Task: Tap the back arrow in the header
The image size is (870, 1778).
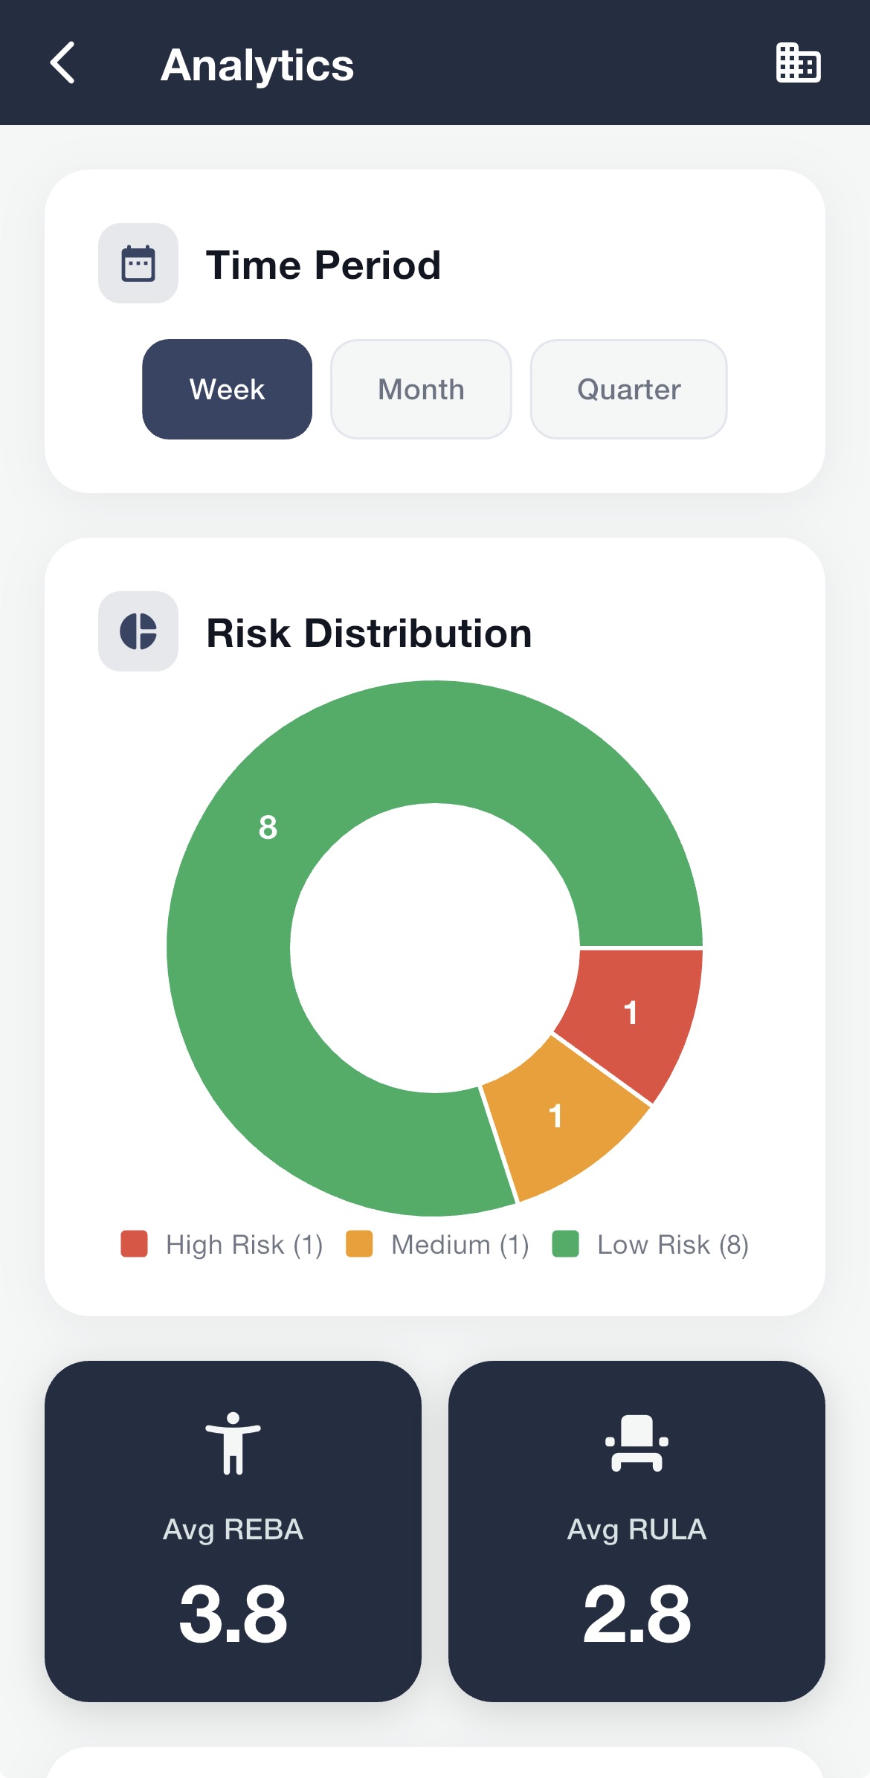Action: tap(63, 63)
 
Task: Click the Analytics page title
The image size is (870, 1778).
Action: tap(257, 65)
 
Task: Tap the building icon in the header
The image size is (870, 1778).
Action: tap(798, 63)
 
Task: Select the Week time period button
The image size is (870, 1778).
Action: tap(227, 390)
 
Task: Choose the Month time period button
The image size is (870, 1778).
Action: tap(421, 390)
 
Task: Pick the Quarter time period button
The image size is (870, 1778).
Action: tap(628, 390)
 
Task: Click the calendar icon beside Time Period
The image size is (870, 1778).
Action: tap(138, 263)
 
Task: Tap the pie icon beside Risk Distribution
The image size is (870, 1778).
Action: tap(138, 631)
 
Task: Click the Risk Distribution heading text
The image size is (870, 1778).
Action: tap(369, 634)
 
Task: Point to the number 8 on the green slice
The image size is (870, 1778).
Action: tap(268, 827)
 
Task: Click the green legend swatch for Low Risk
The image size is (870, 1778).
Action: tap(565, 1243)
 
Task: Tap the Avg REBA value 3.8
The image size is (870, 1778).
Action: tap(233, 1614)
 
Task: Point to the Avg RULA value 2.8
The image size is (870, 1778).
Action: tap(637, 1614)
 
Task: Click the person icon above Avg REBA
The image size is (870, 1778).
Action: tap(233, 1443)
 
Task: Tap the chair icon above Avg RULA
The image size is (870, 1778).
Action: tap(637, 1443)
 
